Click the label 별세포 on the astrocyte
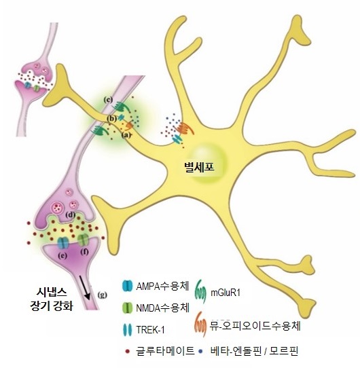pos(200,167)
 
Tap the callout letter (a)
pos(126,135)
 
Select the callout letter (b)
pos(112,119)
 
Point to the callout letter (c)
pos(108,100)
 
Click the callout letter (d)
pos(71,215)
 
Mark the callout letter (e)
pos(62,255)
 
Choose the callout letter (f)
pos(84,252)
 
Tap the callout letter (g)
pos(103,294)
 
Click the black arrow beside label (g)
pos(84,288)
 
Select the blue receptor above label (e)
pos(62,243)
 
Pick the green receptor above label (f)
pos(83,240)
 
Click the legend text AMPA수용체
pos(162,287)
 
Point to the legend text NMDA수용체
pos(163,308)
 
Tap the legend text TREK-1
pos(151,330)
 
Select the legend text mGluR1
pos(226,293)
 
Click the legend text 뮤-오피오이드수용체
pos(255,326)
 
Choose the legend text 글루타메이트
pos(165,351)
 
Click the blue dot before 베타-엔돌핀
pos(200,351)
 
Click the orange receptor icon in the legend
pos(200,324)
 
